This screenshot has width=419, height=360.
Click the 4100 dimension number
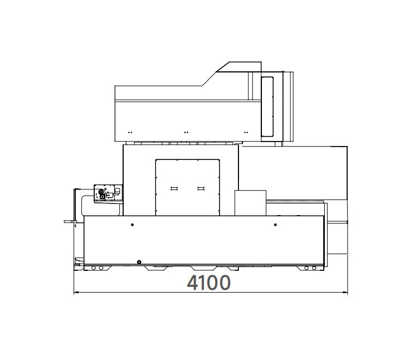[x=208, y=283]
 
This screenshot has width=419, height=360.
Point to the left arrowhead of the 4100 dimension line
[x=76, y=293]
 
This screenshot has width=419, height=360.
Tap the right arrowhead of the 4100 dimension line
[x=346, y=293]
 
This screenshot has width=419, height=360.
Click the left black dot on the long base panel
[x=132, y=225]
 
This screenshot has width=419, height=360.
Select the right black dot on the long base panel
[x=275, y=225]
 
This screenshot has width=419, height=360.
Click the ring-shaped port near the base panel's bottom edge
[x=139, y=262]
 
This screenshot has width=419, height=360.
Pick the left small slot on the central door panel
[x=174, y=189]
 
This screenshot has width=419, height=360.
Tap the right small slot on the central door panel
[x=201, y=189]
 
